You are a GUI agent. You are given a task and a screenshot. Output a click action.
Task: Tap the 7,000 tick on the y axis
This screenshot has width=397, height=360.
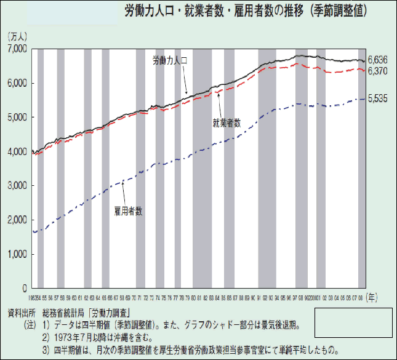tap(17, 49)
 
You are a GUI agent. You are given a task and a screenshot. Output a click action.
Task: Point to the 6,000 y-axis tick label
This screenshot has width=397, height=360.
tap(17, 83)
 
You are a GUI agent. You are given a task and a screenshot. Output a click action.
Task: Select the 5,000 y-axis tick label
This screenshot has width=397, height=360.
tap(17, 117)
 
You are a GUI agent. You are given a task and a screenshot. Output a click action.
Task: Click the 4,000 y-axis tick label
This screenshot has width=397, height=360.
tap(17, 151)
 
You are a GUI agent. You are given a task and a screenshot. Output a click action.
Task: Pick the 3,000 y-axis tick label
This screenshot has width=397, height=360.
tap(17, 185)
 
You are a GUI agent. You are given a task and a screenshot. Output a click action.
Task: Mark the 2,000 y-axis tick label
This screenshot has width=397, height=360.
tap(17, 220)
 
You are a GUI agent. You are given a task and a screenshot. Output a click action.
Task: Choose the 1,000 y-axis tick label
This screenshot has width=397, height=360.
tap(17, 254)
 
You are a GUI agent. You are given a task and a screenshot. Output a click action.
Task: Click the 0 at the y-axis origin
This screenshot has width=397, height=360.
tap(25, 288)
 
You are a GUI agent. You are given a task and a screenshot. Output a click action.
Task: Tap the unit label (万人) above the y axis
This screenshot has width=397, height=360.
tap(17, 38)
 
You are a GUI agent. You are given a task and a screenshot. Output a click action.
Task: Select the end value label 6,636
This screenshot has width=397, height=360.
tap(377, 60)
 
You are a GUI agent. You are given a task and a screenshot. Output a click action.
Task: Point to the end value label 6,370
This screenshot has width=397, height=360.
tap(377, 71)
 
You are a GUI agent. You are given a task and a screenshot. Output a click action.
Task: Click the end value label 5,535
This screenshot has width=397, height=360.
tap(377, 99)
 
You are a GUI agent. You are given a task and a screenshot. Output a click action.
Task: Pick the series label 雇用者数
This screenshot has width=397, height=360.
tap(129, 210)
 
